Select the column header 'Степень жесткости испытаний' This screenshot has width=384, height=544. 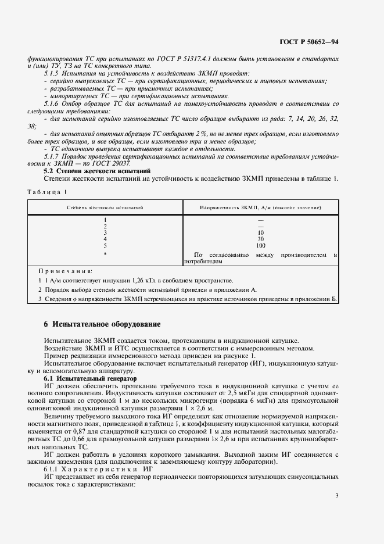coord(105,206)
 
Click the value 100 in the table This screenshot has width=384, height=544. coord(260,246)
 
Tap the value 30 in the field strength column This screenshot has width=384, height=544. coord(260,239)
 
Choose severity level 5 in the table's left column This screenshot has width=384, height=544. coord(105,246)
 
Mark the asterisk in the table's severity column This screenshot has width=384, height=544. coord(105,255)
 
